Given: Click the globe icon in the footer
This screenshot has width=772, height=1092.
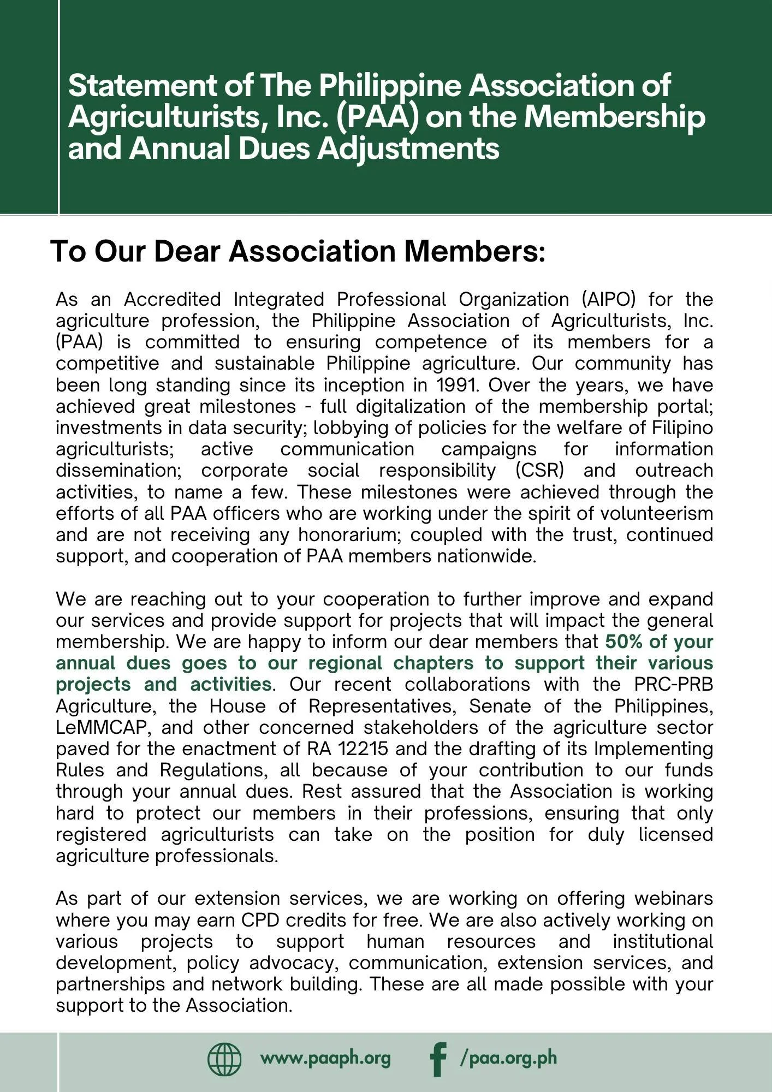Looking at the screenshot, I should point(224,1059).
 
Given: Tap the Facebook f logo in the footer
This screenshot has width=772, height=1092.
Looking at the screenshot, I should point(438,1059).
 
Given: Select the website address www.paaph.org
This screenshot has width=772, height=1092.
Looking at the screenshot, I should point(325,1058).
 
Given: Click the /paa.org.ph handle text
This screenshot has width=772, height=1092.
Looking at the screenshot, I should point(508,1058).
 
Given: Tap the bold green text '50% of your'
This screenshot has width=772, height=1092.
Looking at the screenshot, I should point(659,642).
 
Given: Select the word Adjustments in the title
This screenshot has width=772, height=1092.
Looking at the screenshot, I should point(408,149).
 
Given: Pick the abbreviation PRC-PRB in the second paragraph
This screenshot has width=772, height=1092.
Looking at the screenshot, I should point(673,685).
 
